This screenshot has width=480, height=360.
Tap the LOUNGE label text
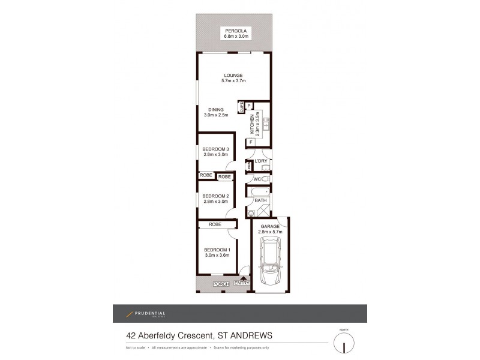click(233, 75)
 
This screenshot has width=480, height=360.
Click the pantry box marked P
click(248, 105)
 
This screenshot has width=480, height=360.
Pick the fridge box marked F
click(250, 142)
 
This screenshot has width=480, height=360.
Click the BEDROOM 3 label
click(215, 149)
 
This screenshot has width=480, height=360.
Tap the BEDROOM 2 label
click(215, 196)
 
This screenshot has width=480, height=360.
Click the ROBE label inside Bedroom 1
click(215, 224)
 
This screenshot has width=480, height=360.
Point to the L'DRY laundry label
click(260, 162)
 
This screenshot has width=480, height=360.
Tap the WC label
click(256, 179)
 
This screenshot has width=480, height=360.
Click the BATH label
click(260, 200)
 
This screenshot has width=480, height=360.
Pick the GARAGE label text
click(271, 226)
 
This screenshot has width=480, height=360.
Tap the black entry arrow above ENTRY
click(244, 277)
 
